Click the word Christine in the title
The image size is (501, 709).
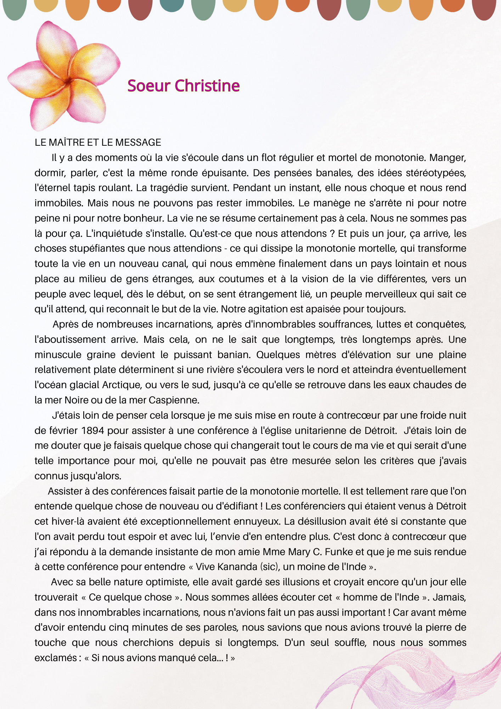pyautogui.click(x=207, y=86)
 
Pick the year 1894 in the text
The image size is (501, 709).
pyautogui.click(x=92, y=431)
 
